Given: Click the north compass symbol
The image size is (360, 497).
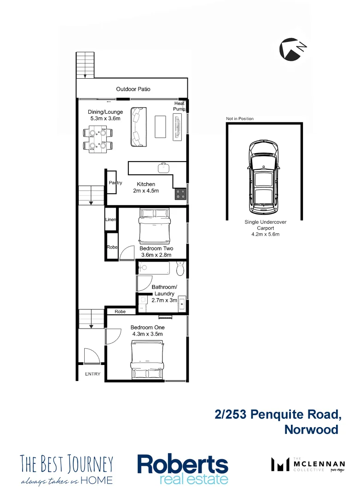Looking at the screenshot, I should coord(293,49).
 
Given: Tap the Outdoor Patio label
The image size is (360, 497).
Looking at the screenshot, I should coord(133,89).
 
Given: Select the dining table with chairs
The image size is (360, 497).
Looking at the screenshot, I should coord(99,139).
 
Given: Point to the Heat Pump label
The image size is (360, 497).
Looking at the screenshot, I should coord(179,106).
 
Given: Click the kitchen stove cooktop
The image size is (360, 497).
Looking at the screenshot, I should coord(180,194).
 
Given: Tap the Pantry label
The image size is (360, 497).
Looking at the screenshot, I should coord(116,183).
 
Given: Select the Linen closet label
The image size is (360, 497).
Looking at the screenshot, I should coord(111,220).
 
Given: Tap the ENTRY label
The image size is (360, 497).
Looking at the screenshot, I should coord(93,374).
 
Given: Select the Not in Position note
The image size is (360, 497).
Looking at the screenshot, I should coord(239,119).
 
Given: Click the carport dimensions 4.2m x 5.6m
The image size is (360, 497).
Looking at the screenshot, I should coord(265,234).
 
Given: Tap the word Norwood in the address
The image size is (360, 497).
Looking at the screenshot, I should coord(311,429).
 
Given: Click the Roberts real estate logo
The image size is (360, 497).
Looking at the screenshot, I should coord(183,469).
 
